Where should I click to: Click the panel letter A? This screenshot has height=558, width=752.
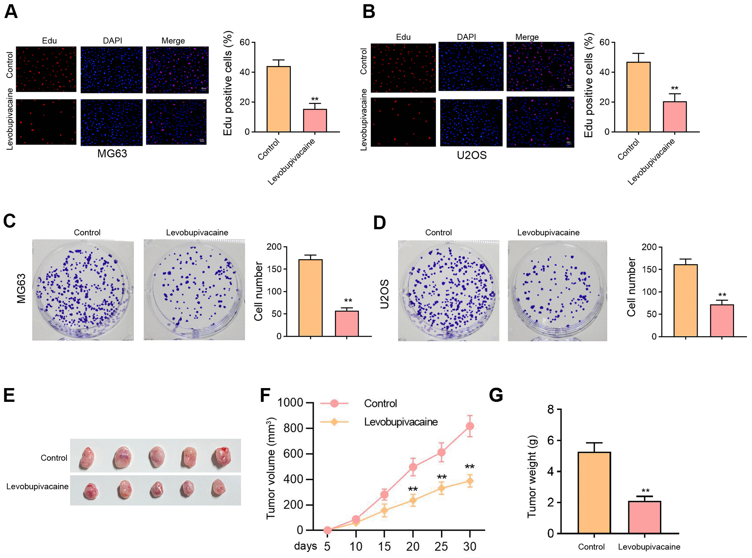[11, 11]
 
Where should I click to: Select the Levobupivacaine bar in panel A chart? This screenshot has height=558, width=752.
[315, 120]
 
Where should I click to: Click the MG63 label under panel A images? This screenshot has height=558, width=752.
[112, 153]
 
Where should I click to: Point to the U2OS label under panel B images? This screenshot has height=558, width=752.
[471, 155]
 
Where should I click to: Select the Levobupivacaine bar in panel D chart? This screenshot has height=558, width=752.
[722, 320]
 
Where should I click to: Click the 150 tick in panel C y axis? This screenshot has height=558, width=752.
[274, 269]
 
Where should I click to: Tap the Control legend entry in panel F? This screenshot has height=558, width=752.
[380, 403]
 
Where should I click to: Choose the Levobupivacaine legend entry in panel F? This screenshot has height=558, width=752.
[400, 422]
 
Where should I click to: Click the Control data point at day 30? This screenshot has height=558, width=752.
[470, 426]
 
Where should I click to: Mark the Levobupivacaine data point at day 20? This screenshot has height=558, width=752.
[413, 500]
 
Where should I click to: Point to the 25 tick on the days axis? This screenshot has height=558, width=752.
[441, 546]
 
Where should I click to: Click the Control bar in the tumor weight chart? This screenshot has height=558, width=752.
[594, 493]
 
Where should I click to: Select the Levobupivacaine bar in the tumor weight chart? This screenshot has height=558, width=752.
[644, 517]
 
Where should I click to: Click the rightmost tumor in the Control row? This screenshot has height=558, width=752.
[222, 457]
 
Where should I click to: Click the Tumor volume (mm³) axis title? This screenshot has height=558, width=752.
[271, 468]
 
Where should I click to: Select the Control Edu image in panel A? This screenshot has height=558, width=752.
[46, 69]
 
